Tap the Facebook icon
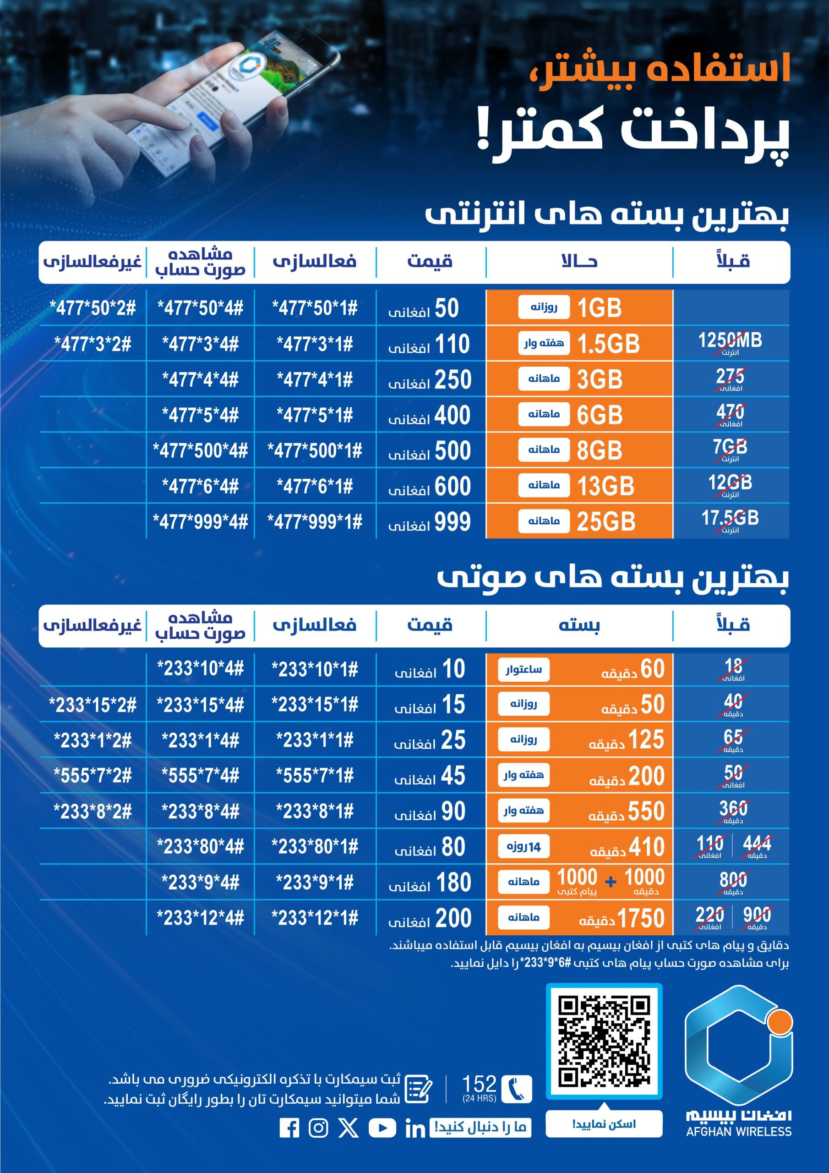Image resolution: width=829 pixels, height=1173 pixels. [x=289, y=1128]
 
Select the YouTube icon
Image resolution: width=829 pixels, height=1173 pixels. [x=382, y=1128]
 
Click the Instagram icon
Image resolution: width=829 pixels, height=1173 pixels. [x=318, y=1128]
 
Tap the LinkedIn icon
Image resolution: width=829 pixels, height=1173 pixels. [x=415, y=1129]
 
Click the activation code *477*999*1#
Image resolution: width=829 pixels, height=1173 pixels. [x=315, y=521]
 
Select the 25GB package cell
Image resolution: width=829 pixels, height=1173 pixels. [x=579, y=521]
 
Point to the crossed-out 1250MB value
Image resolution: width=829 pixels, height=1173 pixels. [x=730, y=343]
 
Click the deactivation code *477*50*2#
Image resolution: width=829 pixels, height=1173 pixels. [x=93, y=308]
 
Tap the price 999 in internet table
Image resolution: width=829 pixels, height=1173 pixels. [x=452, y=521]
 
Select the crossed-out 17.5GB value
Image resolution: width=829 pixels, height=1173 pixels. [x=730, y=521]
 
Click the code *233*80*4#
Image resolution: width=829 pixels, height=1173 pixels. [x=200, y=847]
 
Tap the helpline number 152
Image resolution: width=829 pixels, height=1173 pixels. [x=479, y=1084]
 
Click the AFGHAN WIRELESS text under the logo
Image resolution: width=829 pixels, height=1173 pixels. [x=739, y=1132]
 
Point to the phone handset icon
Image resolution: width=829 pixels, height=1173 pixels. [x=517, y=1089]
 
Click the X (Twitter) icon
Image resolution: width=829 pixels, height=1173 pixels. [x=349, y=1128]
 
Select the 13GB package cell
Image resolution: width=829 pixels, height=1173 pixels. [x=579, y=486]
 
